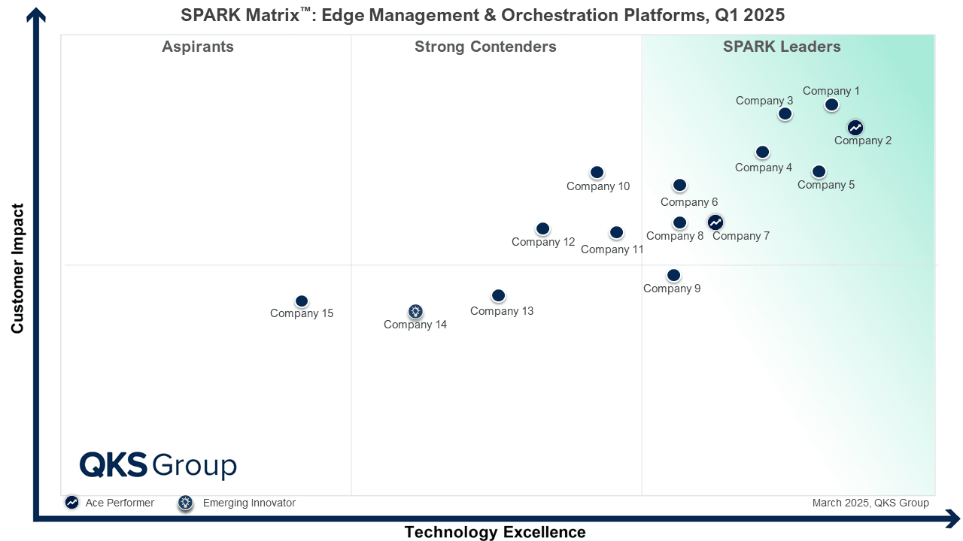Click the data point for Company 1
click(x=831, y=105)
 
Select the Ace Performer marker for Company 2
click(x=855, y=128)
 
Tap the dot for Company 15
click(x=302, y=301)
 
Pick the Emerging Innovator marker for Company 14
click(x=415, y=311)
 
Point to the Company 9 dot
click(x=673, y=276)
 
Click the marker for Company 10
click(x=597, y=173)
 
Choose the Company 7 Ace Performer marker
click(x=715, y=222)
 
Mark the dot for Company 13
click(x=498, y=296)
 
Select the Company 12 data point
click(x=542, y=229)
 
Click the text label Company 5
click(x=825, y=185)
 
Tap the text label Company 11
click(x=612, y=249)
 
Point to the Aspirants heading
click(x=198, y=47)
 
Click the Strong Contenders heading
click(x=485, y=47)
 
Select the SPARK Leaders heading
click(x=782, y=47)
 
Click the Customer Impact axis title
click(x=18, y=268)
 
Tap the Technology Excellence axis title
click(x=495, y=532)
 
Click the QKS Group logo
click(x=158, y=465)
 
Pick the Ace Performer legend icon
click(x=71, y=503)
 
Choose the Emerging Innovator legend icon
click(x=186, y=503)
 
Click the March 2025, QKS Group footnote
click(x=870, y=503)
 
